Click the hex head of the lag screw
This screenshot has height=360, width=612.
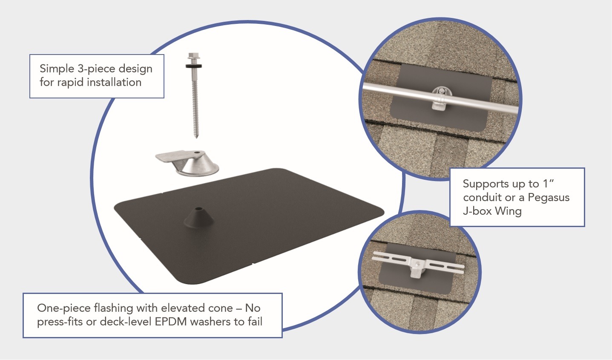194,57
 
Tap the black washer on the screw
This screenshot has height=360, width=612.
194,66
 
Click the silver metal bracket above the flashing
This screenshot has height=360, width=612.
187,162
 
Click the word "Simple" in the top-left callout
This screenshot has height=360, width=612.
57,69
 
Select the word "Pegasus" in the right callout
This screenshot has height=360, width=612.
549,198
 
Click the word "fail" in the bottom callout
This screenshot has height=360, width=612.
255,322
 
